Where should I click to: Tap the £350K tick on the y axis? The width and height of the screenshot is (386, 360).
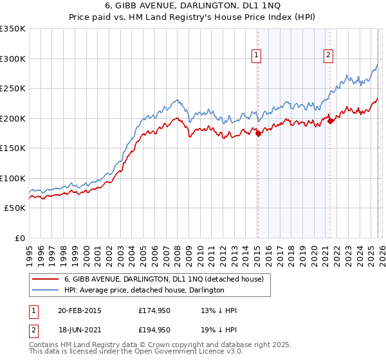click(x=13, y=29)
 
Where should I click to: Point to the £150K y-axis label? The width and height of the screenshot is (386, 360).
click(x=13, y=148)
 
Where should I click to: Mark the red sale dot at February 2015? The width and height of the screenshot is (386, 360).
click(x=258, y=134)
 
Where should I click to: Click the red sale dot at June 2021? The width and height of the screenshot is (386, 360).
click(x=330, y=120)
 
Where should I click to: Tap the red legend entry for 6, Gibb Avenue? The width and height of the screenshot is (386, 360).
click(x=163, y=279)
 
